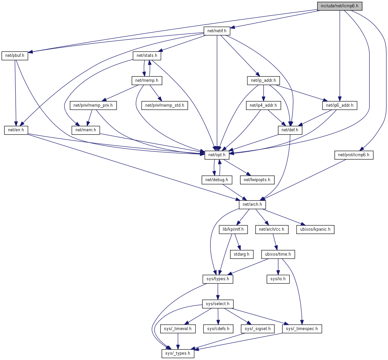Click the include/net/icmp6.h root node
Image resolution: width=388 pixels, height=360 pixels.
[x=339, y=6]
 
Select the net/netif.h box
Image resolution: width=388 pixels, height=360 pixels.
[x=217, y=31]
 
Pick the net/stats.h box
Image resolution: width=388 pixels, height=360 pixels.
[x=147, y=56]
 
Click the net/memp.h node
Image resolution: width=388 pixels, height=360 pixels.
[x=147, y=80]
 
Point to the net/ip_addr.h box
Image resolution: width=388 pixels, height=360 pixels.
[x=263, y=80]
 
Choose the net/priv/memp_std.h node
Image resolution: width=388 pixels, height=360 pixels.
[x=165, y=105]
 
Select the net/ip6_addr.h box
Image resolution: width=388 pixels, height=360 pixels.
[x=339, y=105]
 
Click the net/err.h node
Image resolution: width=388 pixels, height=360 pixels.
[x=16, y=130]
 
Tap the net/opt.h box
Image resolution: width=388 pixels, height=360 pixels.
[x=217, y=155]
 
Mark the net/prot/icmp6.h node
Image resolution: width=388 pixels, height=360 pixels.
[x=353, y=155]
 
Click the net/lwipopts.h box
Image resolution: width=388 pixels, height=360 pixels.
[x=257, y=180]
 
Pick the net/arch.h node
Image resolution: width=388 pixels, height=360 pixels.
[x=252, y=204]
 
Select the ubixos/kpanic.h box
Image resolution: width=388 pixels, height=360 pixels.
[x=315, y=229]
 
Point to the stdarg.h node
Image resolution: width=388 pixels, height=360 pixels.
[x=242, y=254]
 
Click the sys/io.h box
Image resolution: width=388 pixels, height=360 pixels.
[x=278, y=279]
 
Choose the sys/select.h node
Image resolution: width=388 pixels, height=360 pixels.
[x=218, y=304]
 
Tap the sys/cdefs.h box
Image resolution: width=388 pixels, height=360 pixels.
[x=218, y=329]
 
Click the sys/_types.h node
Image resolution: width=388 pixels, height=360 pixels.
[x=178, y=353]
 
